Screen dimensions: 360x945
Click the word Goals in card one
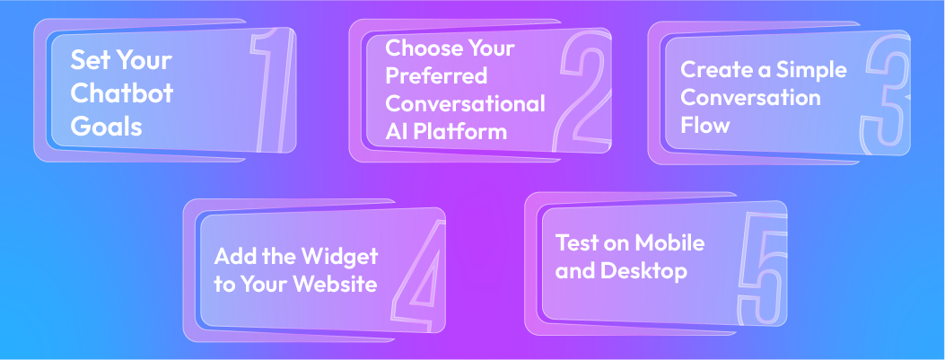(106, 127)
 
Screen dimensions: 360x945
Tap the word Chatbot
(122, 93)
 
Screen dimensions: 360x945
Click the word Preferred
(436, 75)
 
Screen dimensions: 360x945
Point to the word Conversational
(465, 103)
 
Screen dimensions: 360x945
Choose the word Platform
(461, 132)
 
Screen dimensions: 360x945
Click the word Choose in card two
(419, 47)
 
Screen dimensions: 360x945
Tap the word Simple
(811, 70)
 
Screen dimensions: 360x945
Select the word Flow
(704, 125)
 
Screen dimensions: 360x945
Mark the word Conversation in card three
(750, 98)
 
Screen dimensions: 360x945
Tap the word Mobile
(669, 242)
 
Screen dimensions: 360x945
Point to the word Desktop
(644, 270)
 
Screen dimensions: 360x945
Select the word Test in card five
(575, 242)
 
